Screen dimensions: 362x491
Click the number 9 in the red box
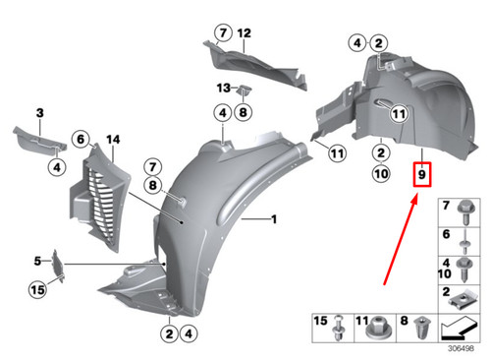point(421,176)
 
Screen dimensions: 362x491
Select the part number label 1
point(275,219)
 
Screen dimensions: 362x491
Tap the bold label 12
point(244,33)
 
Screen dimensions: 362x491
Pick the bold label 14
point(112,140)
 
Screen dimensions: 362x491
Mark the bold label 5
point(38,261)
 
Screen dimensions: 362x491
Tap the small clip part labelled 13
point(243,91)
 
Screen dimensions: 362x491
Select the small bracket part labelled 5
point(60,264)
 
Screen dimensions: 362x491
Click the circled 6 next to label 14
point(82,140)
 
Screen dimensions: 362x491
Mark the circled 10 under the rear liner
point(379,175)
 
